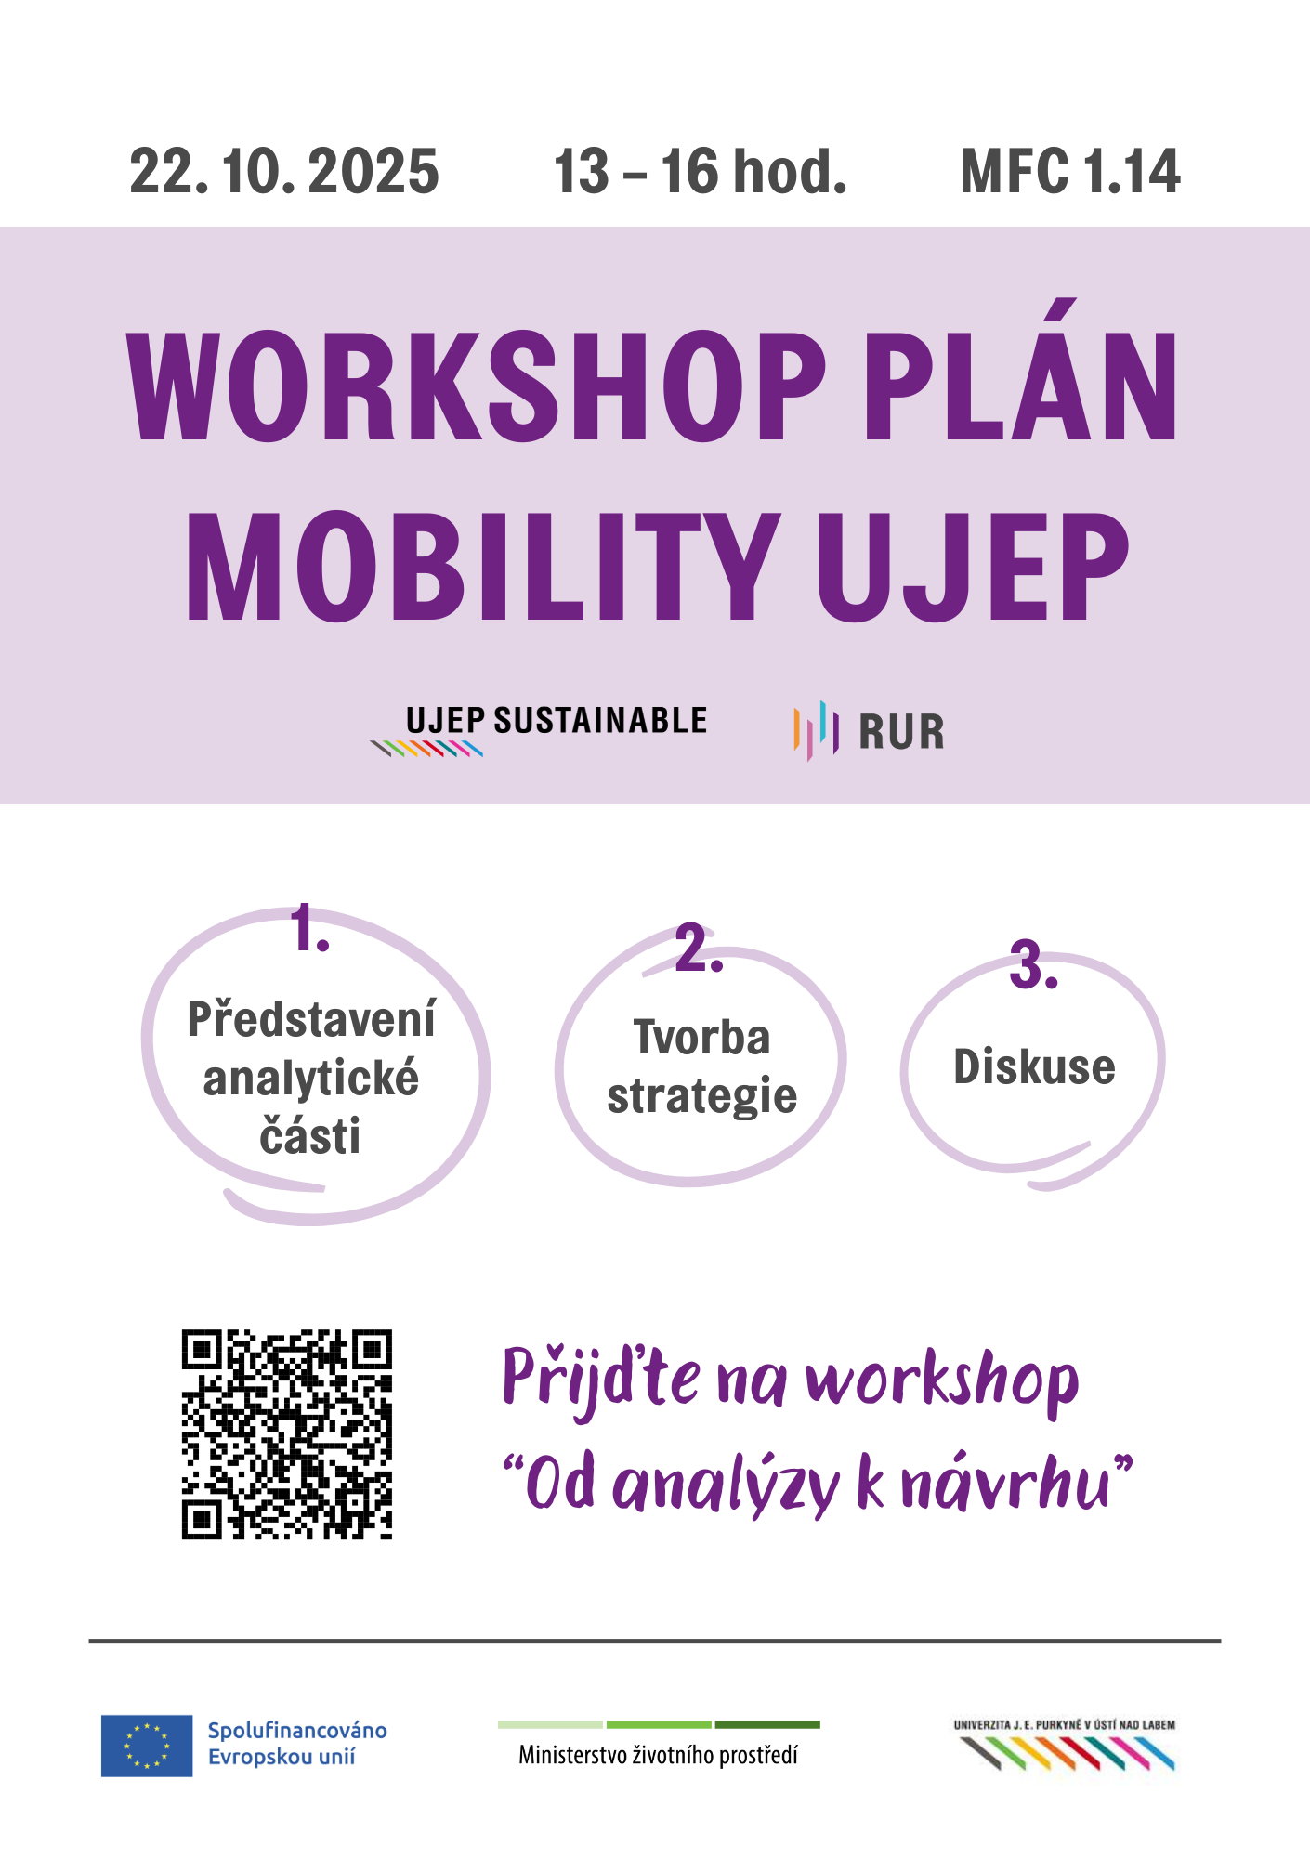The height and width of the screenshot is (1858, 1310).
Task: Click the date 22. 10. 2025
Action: click(x=284, y=172)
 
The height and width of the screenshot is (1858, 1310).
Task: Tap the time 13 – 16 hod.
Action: click(x=701, y=172)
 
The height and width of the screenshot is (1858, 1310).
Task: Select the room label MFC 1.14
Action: click(x=1070, y=172)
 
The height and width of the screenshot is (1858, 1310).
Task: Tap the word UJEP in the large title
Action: click(x=973, y=566)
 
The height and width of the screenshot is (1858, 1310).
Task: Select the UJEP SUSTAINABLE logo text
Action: click(x=557, y=721)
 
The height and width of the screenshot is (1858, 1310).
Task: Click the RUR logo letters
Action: click(x=901, y=732)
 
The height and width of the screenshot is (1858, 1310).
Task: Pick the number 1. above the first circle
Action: click(x=310, y=928)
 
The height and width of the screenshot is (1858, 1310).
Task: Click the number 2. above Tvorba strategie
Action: click(x=699, y=949)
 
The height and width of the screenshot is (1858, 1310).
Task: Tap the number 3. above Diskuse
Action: click(x=1034, y=965)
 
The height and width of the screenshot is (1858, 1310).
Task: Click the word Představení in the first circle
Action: click(x=311, y=1018)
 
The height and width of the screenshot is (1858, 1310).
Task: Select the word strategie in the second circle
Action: click(x=702, y=1097)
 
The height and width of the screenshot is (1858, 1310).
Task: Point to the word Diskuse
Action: click(x=1034, y=1066)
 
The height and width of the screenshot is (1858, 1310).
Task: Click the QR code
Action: click(x=287, y=1434)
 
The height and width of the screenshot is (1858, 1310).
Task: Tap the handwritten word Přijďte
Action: click(x=601, y=1380)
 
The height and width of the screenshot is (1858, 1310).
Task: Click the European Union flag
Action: click(x=147, y=1746)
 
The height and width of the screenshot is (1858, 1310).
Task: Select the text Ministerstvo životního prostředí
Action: click(x=659, y=1755)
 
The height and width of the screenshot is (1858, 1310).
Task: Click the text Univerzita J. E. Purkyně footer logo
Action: click(x=1065, y=1725)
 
